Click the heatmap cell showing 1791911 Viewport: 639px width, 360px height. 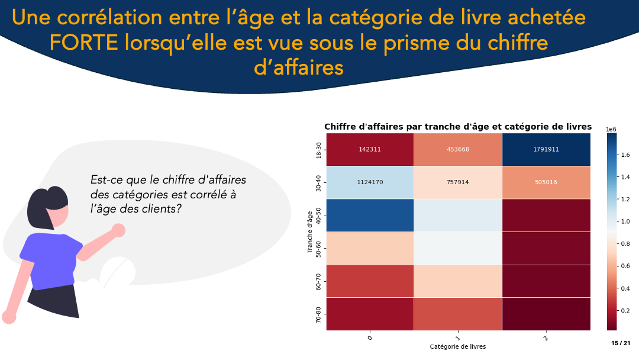(x=546, y=149)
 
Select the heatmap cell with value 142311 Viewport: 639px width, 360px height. (x=370, y=149)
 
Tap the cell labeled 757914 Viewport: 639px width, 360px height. (x=458, y=182)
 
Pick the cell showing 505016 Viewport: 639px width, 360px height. (x=546, y=182)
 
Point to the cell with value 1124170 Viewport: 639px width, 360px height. (x=370, y=182)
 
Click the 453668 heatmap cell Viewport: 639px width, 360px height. (x=458, y=149)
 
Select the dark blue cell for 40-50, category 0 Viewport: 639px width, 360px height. (x=370, y=215)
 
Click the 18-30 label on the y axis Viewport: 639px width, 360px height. (x=319, y=149)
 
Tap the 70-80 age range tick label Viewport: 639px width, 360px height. (x=319, y=314)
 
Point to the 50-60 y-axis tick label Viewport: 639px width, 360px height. (x=319, y=248)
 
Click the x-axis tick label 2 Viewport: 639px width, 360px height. (x=546, y=337)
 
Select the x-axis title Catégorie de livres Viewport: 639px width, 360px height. (x=458, y=347)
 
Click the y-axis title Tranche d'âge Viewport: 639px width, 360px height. (x=309, y=232)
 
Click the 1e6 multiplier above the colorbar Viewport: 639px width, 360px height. (x=611, y=129)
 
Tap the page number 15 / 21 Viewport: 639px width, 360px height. (x=621, y=343)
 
